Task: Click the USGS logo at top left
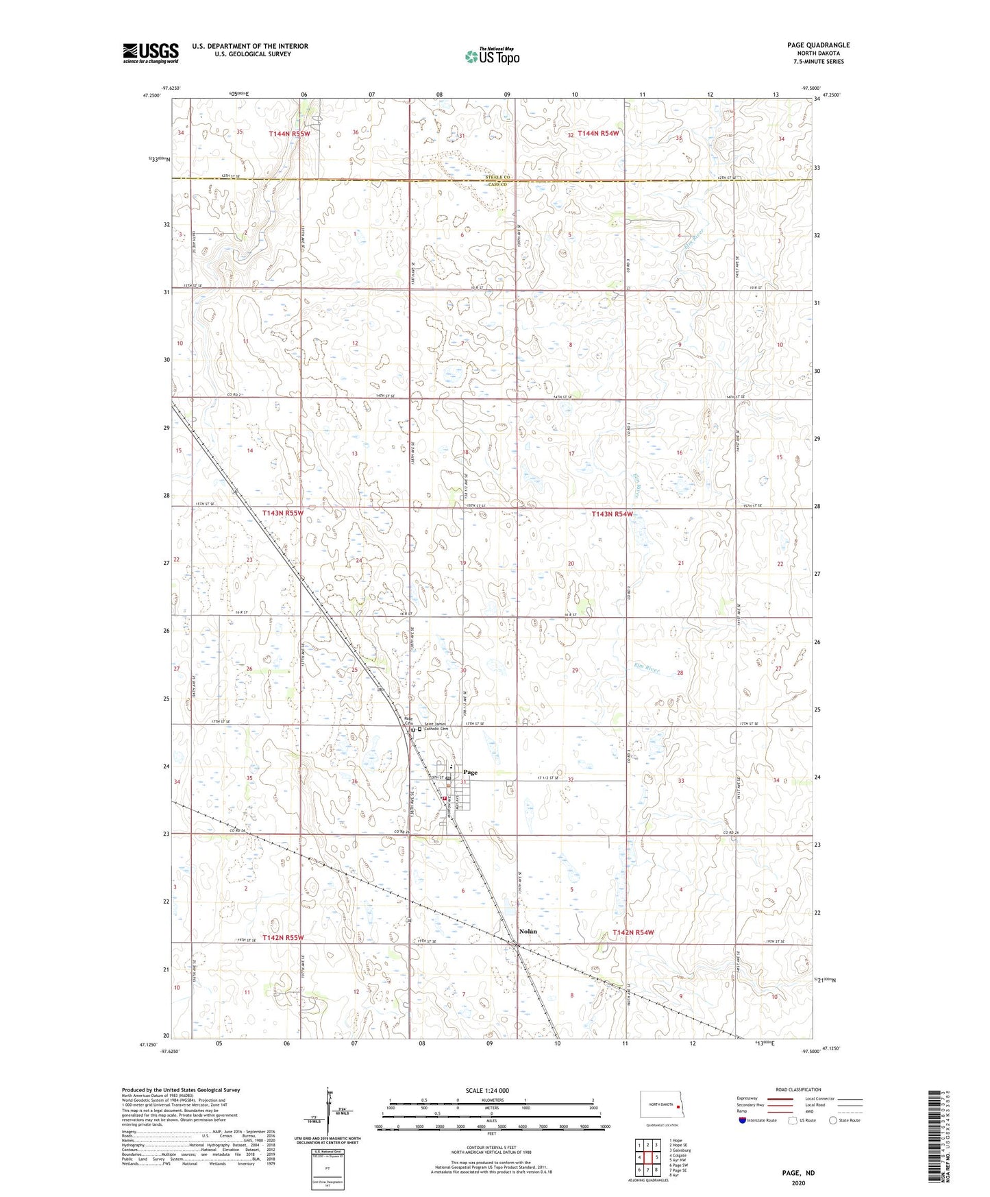pos(150,53)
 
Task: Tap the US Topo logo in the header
pos(491,56)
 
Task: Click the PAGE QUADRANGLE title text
pos(818,45)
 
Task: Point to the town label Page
pos(469,773)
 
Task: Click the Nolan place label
pos(528,932)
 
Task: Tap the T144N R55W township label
pos(289,134)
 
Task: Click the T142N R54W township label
pos(632,932)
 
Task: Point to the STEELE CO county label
pos(498,178)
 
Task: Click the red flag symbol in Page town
pos(444,799)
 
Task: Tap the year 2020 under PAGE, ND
pos(798,1183)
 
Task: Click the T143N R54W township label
pos(611,513)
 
